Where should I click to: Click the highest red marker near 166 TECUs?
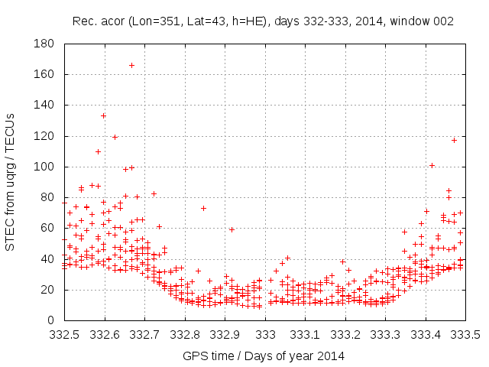coord(131,65)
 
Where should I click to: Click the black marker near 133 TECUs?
coord(103,115)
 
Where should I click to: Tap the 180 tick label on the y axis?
coord(43,44)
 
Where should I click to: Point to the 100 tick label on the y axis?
coord(43,167)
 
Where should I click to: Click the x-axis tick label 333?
coord(265,334)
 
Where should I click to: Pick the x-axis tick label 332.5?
coord(64,334)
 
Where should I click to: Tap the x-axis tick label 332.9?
coord(225,334)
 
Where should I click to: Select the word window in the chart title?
coord(410,21)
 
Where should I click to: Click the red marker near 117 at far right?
coord(454,140)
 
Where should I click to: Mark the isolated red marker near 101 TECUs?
coord(432,165)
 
